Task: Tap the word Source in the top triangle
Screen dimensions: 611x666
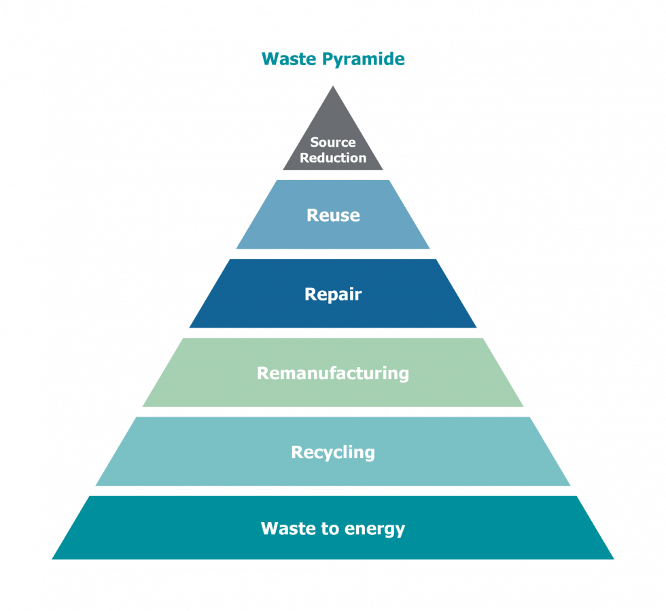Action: (333, 143)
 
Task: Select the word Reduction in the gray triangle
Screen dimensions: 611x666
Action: (333, 158)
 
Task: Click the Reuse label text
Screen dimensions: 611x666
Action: (333, 215)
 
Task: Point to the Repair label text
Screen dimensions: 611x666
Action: (333, 294)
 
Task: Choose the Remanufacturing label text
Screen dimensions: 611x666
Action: (333, 373)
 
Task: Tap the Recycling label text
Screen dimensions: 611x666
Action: (333, 452)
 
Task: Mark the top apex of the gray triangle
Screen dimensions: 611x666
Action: (333, 86)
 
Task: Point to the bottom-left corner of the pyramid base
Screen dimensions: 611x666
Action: (54, 559)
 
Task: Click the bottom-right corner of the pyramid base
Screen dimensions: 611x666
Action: (612, 559)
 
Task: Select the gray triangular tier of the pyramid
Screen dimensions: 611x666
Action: (333, 122)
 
